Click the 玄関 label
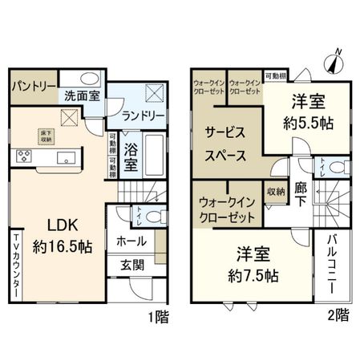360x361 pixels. [x=132, y=265]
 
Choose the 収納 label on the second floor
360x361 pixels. [x=276, y=193]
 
